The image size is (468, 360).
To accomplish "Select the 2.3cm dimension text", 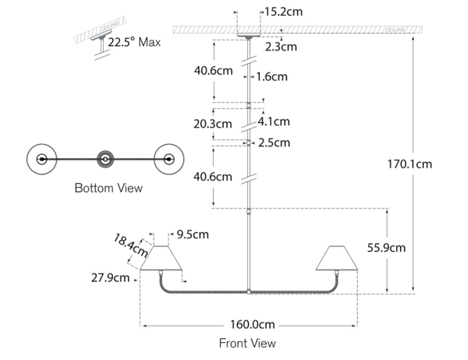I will coord(280,47).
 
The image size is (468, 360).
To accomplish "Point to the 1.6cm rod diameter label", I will coord(271,76).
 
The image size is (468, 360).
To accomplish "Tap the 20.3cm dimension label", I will coord(213,123).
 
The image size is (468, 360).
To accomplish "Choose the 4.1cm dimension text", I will coord(274,122).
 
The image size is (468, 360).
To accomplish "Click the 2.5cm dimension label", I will coord(274,143).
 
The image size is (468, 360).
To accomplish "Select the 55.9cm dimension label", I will coord(386,249).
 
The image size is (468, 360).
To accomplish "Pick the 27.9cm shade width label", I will coord(110,278).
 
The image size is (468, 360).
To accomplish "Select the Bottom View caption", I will coord(108,188).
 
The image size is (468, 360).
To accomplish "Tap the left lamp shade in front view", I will coord(161,259).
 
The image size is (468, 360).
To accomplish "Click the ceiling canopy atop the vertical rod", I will coord(250,35).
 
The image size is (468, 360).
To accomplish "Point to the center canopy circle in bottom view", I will coord(105,158).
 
